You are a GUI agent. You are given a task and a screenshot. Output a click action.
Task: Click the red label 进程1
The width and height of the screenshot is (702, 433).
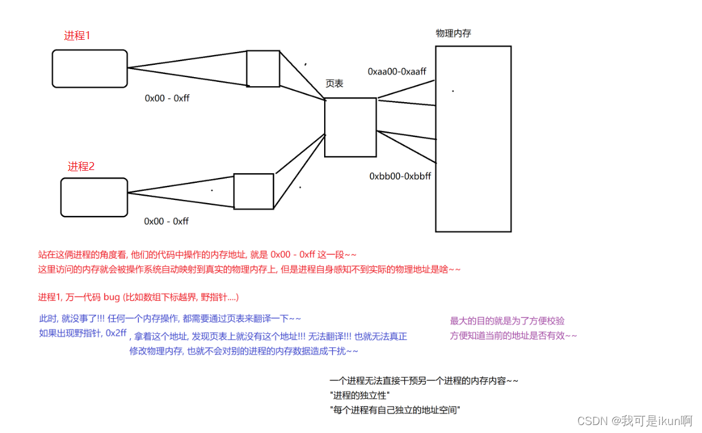click(77, 35)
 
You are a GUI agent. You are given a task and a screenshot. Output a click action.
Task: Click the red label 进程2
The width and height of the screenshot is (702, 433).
click(81, 166)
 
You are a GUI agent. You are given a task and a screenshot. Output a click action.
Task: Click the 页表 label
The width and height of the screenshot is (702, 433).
click(334, 83)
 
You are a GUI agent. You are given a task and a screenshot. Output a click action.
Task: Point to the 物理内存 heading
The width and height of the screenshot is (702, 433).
click(454, 33)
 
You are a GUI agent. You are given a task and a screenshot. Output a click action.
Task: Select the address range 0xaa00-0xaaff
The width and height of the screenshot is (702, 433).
click(397, 72)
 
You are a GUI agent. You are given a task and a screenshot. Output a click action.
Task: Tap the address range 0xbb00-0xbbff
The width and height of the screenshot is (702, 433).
click(401, 176)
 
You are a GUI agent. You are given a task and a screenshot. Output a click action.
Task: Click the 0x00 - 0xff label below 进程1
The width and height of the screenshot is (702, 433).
click(167, 98)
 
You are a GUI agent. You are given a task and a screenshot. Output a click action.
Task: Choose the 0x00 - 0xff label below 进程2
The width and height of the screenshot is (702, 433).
click(166, 221)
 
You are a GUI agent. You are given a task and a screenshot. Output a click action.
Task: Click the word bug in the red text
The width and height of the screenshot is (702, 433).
click(112, 297)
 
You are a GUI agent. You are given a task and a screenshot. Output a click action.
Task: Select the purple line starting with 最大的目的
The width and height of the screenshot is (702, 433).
click(508, 320)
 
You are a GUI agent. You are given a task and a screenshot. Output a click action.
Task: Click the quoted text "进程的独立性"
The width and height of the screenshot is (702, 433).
click(360, 395)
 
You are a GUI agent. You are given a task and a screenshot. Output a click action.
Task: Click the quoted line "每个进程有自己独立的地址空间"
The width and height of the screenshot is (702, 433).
click(395, 410)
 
